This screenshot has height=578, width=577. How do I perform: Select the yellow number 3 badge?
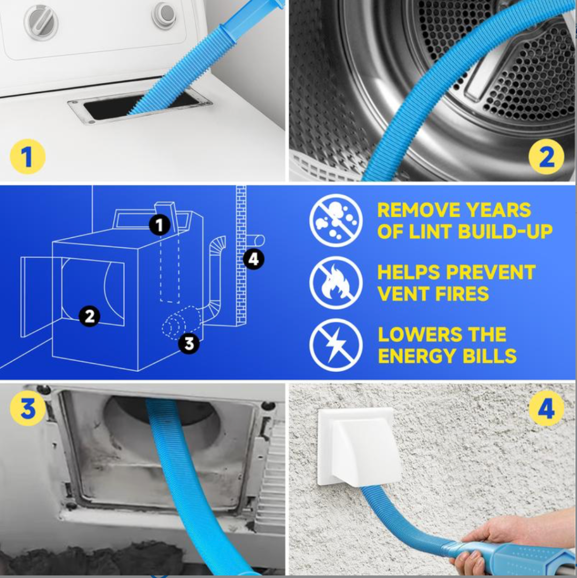(x=28, y=408)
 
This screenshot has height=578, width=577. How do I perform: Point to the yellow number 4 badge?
(x=546, y=408)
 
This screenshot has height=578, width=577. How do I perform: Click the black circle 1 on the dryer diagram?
(x=160, y=225)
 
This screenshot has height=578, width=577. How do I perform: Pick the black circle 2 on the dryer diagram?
(x=89, y=316)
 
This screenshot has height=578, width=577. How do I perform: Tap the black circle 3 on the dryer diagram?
(x=189, y=343)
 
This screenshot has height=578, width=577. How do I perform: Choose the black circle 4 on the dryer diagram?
(x=253, y=259)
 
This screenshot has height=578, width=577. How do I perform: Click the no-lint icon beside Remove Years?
(x=336, y=221)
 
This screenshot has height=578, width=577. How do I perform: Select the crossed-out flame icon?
(x=336, y=283)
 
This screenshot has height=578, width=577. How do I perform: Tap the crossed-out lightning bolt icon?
(x=336, y=345)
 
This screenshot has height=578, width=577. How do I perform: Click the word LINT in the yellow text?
(x=430, y=231)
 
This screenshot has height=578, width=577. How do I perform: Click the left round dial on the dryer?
(x=41, y=22)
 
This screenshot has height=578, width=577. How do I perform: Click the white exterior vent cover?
(x=359, y=447)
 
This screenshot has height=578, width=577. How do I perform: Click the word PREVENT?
(x=491, y=272)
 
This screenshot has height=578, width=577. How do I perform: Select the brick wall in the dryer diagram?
(x=241, y=255)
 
